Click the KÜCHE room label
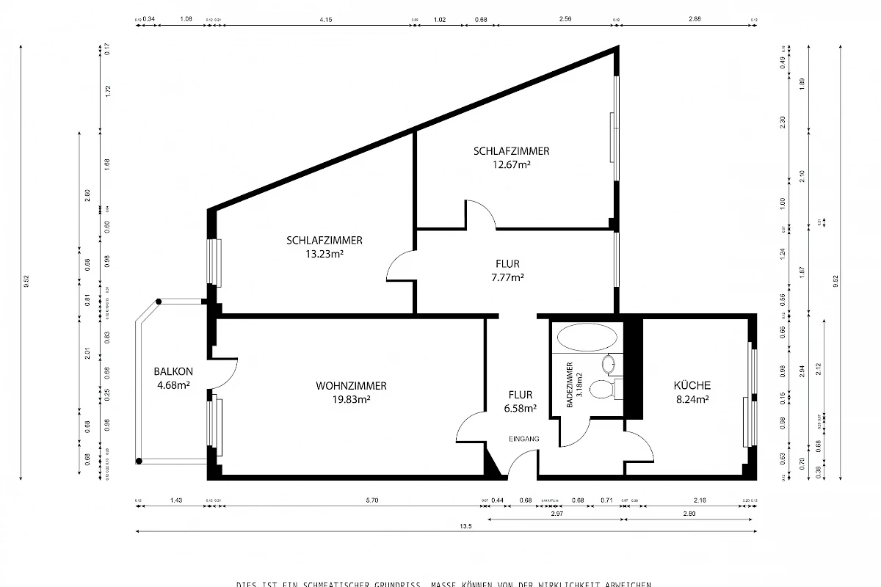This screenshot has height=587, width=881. pyautogui.click(x=692, y=385)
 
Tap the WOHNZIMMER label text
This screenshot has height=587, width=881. pyautogui.click(x=351, y=386)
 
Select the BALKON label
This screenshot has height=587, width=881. pyautogui.click(x=173, y=371)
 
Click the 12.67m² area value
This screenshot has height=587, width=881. pyautogui.click(x=512, y=165)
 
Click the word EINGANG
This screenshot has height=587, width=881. pyautogui.click(x=524, y=439)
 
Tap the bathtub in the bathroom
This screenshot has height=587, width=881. pyautogui.click(x=587, y=338)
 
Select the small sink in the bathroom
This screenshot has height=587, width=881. pyautogui.click(x=609, y=364)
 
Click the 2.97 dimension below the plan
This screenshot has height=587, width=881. pyautogui.click(x=555, y=514)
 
